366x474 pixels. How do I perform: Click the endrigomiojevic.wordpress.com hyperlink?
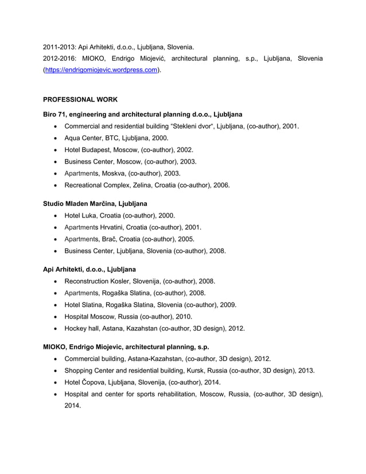pos(102,70)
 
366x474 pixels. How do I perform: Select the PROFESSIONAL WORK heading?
pos(80,99)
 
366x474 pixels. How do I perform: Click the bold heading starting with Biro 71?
pos(142,114)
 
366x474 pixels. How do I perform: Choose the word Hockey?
pos(76,329)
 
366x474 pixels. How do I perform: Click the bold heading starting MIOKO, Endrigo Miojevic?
pos(126,347)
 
